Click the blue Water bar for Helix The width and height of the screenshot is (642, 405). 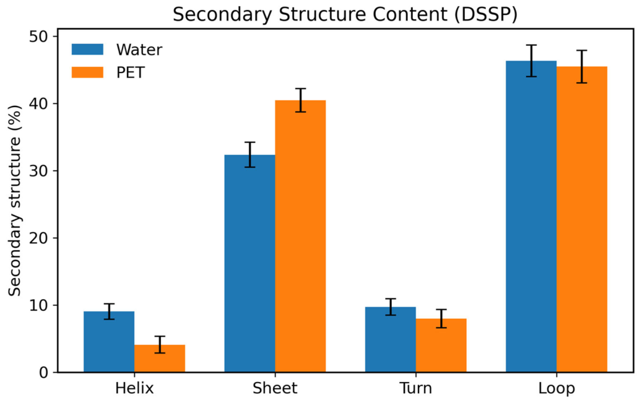pyautogui.click(x=109, y=342)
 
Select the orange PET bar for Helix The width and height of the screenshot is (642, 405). pyautogui.click(x=160, y=359)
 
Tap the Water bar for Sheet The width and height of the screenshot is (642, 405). pyautogui.click(x=249, y=263)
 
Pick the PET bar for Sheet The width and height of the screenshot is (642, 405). pyautogui.click(x=300, y=237)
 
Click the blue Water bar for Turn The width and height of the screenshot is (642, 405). pyautogui.click(x=391, y=339)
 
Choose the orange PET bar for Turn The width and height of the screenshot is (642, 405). pyautogui.click(x=441, y=345)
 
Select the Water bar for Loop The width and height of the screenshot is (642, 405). pyautogui.click(x=531, y=217)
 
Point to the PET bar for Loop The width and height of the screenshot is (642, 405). pyautogui.click(x=582, y=219)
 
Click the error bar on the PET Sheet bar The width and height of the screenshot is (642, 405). pyautogui.click(x=300, y=100)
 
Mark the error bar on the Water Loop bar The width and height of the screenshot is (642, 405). pyautogui.click(x=531, y=61)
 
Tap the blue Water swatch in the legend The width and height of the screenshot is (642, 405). pyautogui.click(x=88, y=50)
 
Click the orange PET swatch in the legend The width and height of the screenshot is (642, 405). pyautogui.click(x=88, y=72)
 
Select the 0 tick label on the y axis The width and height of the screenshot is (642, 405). pyautogui.click(x=43, y=373)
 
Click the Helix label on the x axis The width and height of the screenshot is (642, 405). pyautogui.click(x=134, y=388)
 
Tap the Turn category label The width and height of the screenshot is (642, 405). pyautogui.click(x=416, y=388)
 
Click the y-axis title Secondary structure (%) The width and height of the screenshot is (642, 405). pyautogui.click(x=15, y=200)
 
